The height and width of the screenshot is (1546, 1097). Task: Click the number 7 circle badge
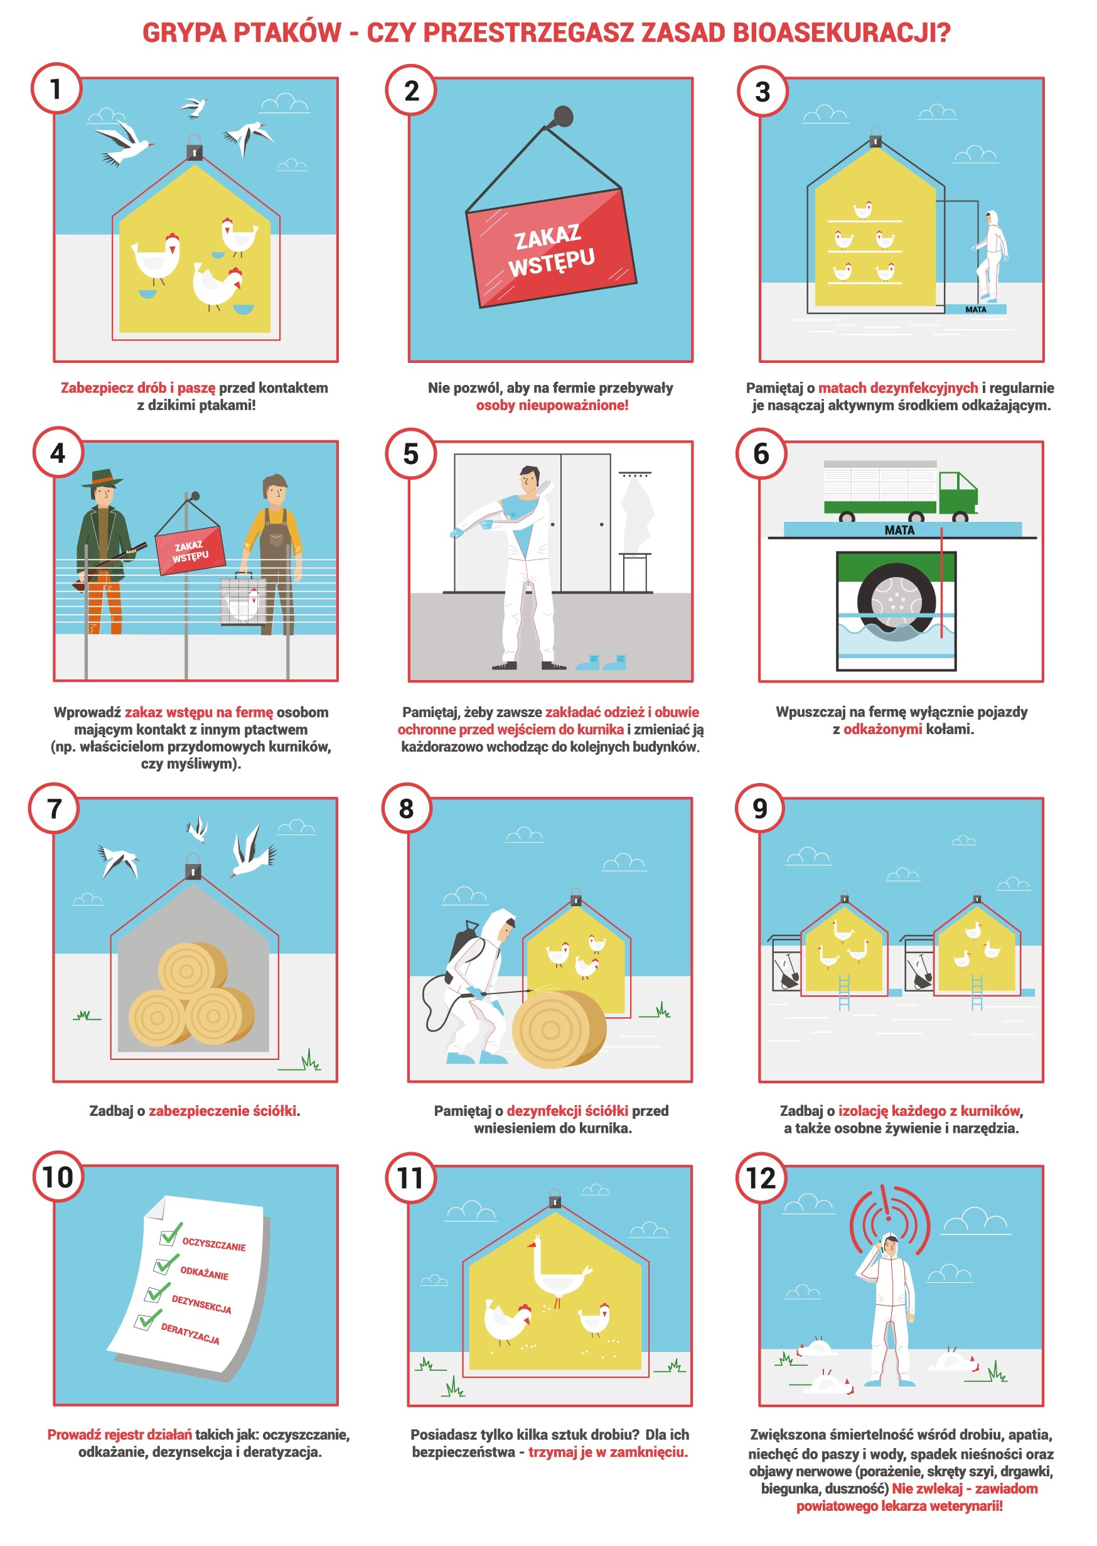click(54, 809)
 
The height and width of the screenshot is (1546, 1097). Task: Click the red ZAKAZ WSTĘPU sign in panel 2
click(551, 248)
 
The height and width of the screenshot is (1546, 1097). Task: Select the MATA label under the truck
click(899, 531)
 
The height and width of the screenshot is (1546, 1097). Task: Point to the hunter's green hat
click(103, 478)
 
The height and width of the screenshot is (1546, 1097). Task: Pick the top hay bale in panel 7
click(193, 970)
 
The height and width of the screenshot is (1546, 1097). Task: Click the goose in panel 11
click(558, 1271)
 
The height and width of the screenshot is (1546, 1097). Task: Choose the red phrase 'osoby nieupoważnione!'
click(552, 406)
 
